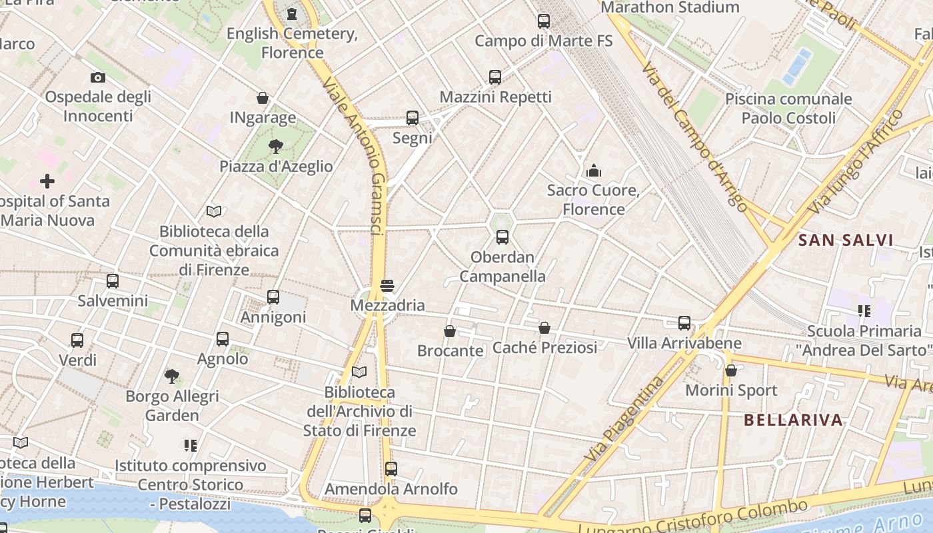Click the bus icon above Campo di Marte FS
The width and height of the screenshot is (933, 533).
click(544, 21)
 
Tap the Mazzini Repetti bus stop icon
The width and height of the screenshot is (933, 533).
click(494, 77)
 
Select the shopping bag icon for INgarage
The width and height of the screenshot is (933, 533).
click(263, 99)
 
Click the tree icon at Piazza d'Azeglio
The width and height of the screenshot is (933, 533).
click(275, 147)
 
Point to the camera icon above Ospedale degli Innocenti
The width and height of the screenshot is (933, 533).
click(97, 77)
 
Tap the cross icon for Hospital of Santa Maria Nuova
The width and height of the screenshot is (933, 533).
click(47, 181)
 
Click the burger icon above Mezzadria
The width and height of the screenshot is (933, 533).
click(387, 286)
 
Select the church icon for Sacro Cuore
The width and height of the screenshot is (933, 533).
click(593, 171)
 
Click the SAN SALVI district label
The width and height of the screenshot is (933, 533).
click(846, 240)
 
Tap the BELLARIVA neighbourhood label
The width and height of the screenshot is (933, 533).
click(793, 420)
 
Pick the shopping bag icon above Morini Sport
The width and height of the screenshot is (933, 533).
click(731, 370)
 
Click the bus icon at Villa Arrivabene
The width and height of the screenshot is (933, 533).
click(684, 323)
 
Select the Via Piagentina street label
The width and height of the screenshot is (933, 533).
click(624, 418)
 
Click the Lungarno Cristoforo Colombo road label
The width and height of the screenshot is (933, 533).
click(693, 519)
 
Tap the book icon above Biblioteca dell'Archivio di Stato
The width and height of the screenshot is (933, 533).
click(359, 372)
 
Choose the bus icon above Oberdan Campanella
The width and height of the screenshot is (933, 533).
click(502, 237)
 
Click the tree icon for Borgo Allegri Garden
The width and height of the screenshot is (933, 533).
click(172, 376)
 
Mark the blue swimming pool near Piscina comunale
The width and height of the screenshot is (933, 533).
click(796, 66)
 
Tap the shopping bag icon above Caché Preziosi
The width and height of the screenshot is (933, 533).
click(544, 328)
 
